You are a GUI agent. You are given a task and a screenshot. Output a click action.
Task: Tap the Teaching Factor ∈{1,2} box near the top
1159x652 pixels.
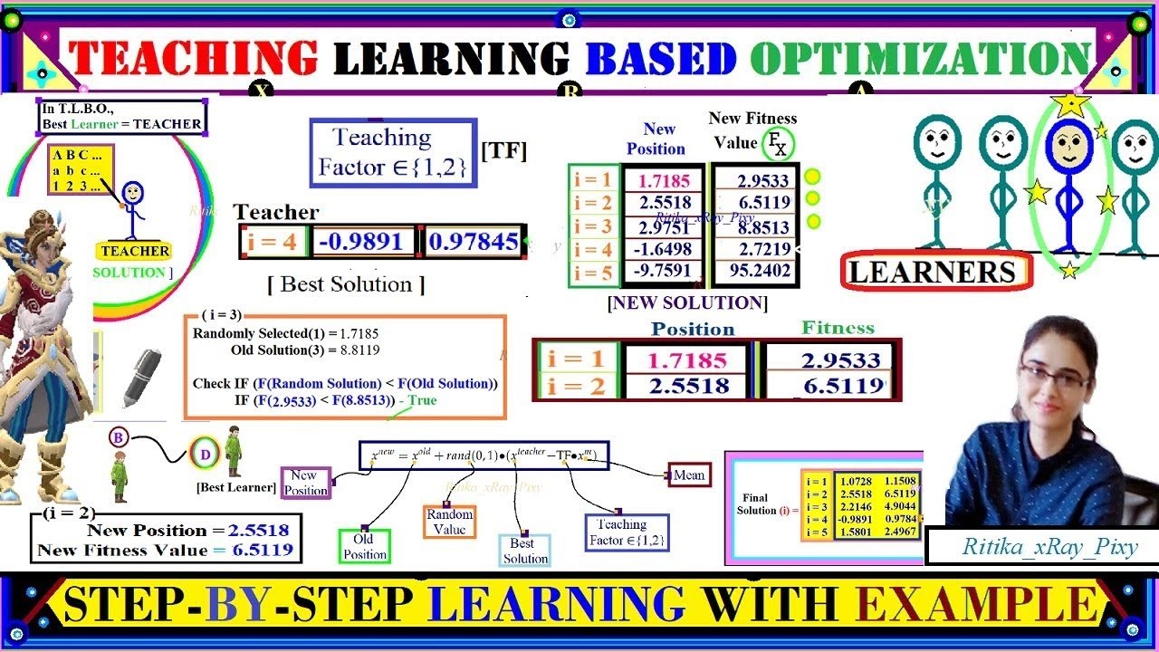393,153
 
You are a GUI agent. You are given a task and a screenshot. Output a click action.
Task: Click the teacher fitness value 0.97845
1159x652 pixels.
474,242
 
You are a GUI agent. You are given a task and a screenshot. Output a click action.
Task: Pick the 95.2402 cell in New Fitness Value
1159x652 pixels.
752,271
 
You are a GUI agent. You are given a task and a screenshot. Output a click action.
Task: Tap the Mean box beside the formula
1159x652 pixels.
688,475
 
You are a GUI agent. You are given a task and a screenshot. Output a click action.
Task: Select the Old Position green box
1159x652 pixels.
365,546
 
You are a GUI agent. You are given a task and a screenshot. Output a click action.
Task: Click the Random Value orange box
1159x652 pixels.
449,522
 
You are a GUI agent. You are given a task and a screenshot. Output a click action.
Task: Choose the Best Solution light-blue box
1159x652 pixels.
525,551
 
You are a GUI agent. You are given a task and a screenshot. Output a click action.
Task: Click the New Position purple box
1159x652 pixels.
306,483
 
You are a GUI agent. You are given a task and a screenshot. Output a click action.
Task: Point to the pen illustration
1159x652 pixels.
141,377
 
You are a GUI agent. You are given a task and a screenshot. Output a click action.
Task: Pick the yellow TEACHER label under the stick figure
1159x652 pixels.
135,251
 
